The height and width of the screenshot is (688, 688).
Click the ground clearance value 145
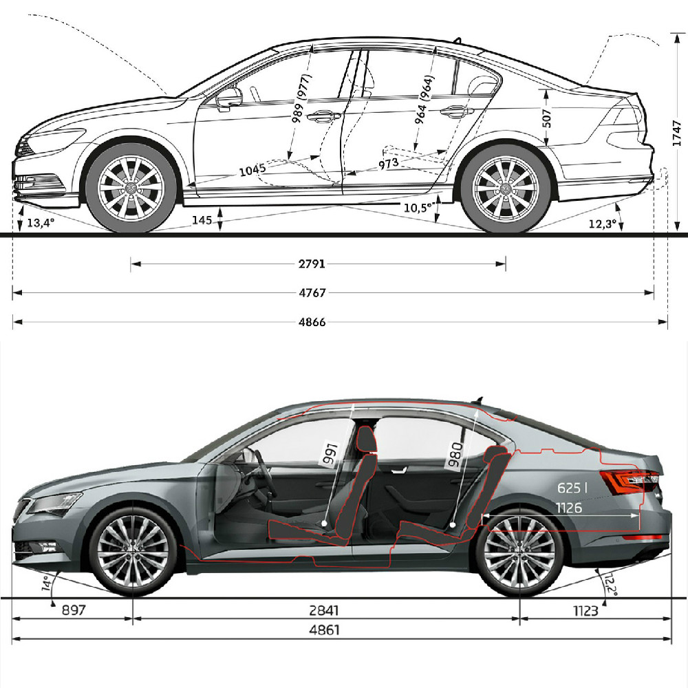point(202,220)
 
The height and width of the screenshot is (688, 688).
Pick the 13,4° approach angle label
point(39,223)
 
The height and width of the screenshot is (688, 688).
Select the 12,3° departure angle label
point(603,224)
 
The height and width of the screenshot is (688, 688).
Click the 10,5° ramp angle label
point(419,207)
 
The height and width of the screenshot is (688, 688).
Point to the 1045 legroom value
point(253,171)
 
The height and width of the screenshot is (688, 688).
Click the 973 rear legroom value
point(387,164)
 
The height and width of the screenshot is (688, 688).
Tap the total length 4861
point(325,630)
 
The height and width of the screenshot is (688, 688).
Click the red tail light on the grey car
point(627,480)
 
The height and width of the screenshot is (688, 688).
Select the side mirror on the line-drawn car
point(229,98)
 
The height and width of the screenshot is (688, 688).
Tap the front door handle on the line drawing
point(321,116)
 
